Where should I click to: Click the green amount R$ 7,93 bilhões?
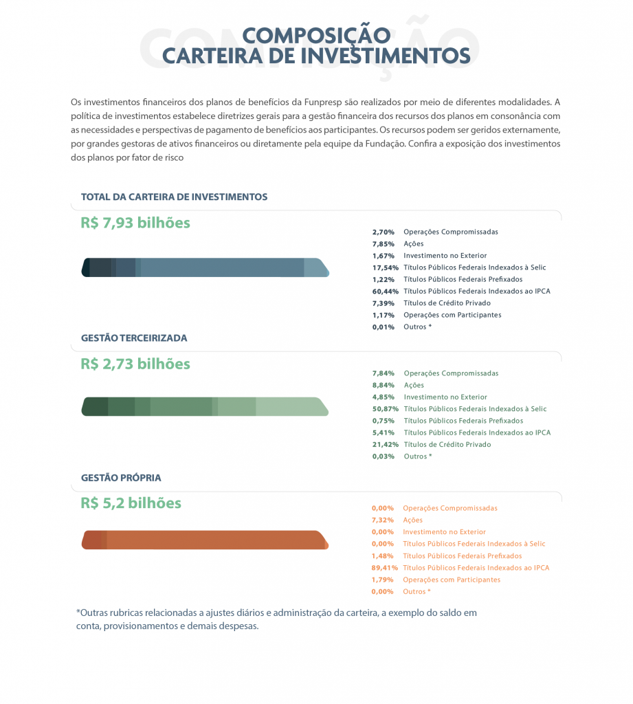tap(135, 223)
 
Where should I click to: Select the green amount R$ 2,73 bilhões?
tap(135, 364)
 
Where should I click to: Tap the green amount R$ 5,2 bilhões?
tap(131, 503)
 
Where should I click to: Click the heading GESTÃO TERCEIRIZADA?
tap(134, 338)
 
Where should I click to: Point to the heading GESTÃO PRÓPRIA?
tap(121, 478)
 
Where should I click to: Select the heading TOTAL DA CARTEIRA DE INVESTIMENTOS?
tap(174, 197)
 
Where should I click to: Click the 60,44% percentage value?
tap(384, 291)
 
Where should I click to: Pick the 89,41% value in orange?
tap(383, 568)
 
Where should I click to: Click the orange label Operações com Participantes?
tap(452, 580)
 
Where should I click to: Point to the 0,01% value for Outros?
tap(384, 327)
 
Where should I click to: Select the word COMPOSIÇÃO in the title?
tap(316, 36)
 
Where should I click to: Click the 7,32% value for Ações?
tap(383, 520)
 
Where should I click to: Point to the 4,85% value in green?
tap(384, 397)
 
